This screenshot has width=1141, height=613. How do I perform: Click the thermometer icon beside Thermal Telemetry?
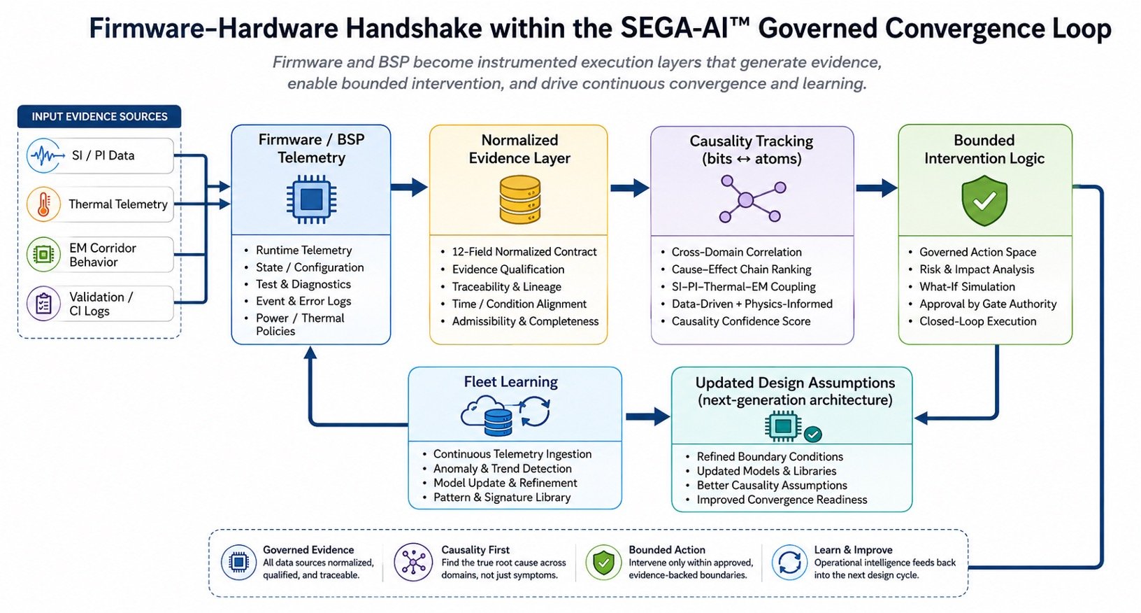pos(44,204)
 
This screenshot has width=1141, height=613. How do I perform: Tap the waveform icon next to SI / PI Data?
pos(45,155)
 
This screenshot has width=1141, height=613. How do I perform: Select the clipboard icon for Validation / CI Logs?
pos(44,304)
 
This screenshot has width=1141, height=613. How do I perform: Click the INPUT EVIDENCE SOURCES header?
pos(99,116)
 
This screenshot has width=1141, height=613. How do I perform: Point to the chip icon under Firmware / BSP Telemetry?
pos(311,199)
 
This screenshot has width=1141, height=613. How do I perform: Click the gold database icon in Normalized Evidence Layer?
pos(519,199)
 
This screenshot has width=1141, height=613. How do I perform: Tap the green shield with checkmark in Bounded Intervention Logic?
pos(984,200)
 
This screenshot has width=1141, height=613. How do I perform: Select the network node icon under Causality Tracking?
pos(752,199)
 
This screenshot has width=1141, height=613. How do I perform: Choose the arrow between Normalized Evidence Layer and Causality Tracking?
pos(630,188)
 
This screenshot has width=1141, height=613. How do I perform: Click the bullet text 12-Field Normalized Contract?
pos(524,251)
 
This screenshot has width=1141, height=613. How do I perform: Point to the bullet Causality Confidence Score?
pos(740,321)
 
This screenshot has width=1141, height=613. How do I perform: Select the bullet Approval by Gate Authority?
pos(988,304)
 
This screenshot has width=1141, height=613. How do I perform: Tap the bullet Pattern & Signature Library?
pos(502,498)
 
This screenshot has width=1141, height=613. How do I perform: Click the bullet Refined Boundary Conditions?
pos(770,456)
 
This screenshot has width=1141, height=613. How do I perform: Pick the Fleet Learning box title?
pos(510,381)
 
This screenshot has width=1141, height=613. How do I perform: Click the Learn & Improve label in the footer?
pos(853,550)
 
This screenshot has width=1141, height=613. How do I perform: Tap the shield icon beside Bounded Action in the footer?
pos(603,563)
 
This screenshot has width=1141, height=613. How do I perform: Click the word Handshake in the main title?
pos(410,29)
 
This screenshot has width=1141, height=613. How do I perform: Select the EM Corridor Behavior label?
pos(102,255)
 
